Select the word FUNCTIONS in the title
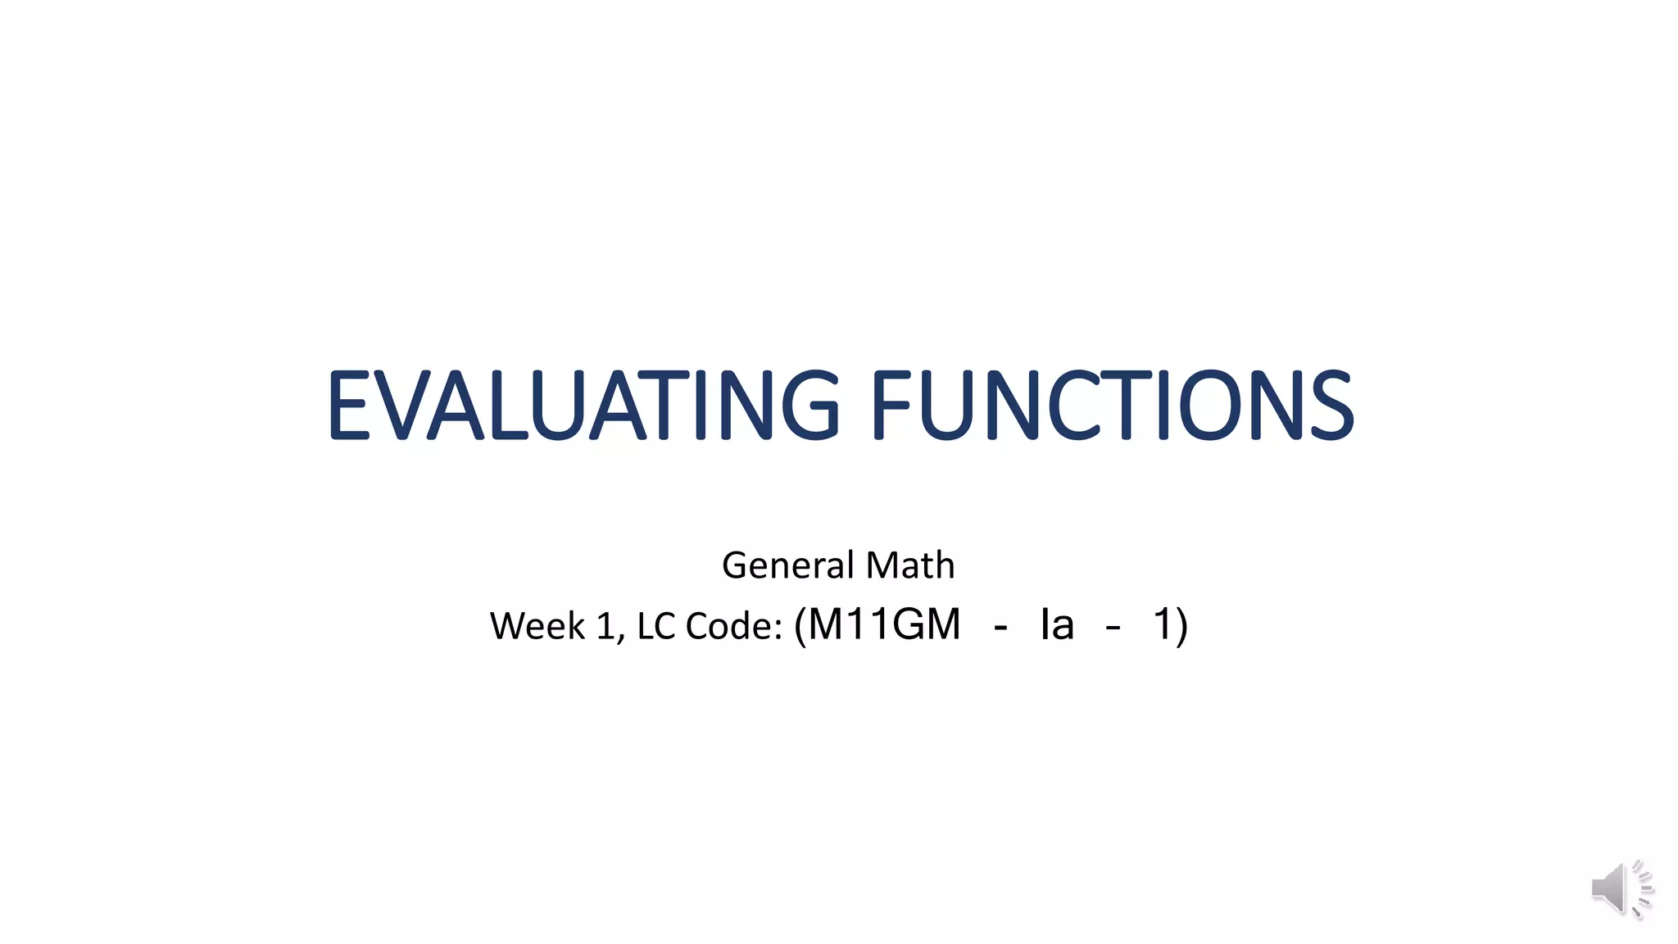[1112, 405]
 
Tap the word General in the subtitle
[787, 565]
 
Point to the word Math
[910, 565]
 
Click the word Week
[537, 626]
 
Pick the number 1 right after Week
[606, 626]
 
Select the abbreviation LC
[656, 626]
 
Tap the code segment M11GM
[883, 624]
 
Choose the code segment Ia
[1057, 624]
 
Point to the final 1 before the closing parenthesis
[1163, 624]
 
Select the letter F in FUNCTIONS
[891, 405]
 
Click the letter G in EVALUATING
[810, 405]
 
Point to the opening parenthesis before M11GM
[800, 626]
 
